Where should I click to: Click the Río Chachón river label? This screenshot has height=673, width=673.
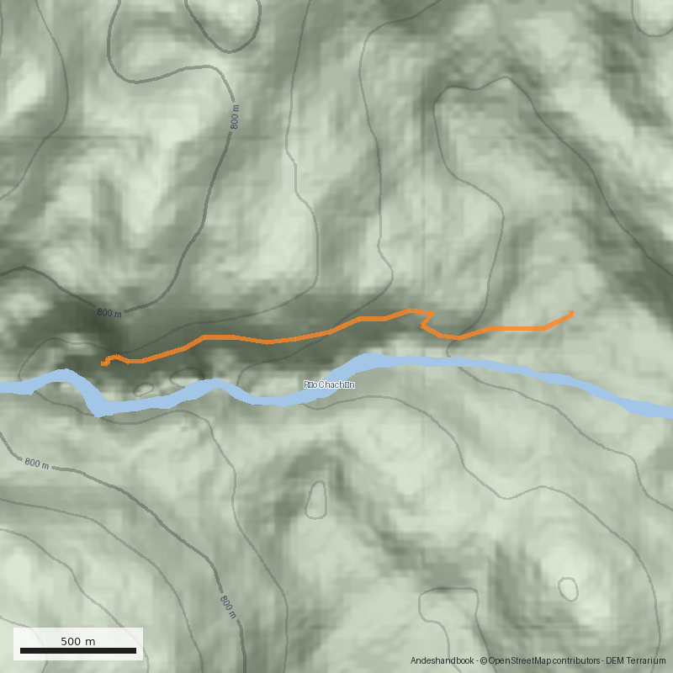[329, 384]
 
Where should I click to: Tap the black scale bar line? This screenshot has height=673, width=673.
[77, 650]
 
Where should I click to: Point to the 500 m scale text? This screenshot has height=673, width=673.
[77, 641]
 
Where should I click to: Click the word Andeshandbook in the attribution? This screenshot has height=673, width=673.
[442, 661]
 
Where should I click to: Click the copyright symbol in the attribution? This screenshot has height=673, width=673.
[483, 661]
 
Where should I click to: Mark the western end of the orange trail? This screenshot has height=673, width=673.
[103, 364]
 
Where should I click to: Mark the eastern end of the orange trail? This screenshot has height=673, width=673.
[573, 313]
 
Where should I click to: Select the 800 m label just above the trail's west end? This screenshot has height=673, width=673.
[109, 313]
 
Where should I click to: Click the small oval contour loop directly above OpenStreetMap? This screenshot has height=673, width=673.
[568, 588]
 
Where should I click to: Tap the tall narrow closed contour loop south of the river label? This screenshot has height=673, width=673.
[316, 500]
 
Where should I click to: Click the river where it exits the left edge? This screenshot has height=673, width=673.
[4, 388]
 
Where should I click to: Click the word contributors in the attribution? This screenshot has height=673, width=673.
[576, 661]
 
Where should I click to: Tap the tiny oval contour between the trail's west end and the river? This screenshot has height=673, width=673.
[144, 389]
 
